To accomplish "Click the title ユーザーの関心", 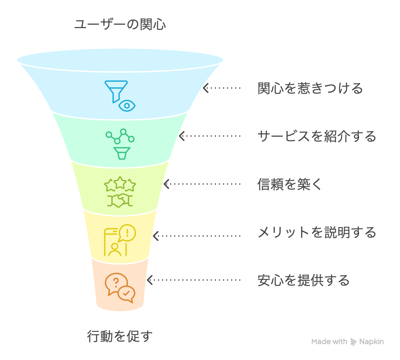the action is (x=120, y=24).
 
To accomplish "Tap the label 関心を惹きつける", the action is (x=310, y=88).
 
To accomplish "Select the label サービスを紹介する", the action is (x=317, y=136).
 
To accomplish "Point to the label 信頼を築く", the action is (x=289, y=184).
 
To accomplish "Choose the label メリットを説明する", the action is (x=317, y=232).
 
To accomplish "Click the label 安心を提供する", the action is (x=303, y=280).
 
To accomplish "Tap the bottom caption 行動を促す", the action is (x=120, y=336).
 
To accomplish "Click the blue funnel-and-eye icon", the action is (x=120, y=96).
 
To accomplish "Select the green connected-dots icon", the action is (x=120, y=144).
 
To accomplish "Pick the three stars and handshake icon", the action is (x=120, y=192).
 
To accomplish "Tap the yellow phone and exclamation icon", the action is (x=120, y=240).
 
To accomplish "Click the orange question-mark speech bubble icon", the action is (x=120, y=288).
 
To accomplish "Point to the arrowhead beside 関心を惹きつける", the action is (x=205, y=88).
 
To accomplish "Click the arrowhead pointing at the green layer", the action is (x=182, y=136).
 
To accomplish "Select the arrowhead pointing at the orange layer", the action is (x=150, y=280).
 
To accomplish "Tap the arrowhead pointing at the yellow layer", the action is (x=156, y=236).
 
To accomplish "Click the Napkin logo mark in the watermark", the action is (x=353, y=342).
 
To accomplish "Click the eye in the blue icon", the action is (x=127, y=106).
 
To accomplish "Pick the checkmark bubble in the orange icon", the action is (x=127, y=294).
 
